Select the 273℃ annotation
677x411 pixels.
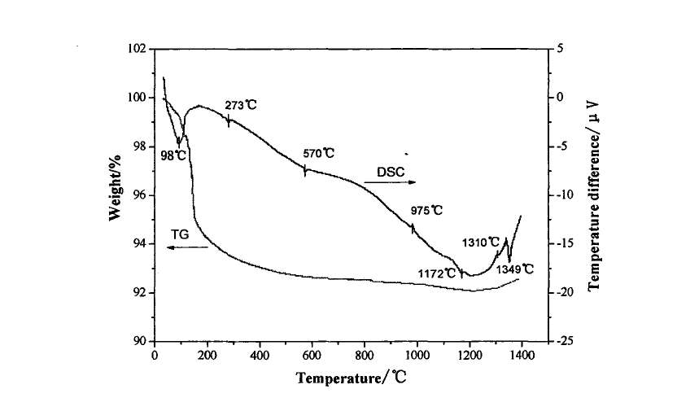click(240, 105)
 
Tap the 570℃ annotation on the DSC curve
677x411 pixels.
click(317, 153)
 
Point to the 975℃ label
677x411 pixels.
click(426, 211)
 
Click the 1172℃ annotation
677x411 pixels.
click(437, 274)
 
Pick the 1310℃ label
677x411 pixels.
click(480, 243)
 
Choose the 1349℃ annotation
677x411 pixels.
click(516, 269)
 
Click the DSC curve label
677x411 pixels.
click(390, 172)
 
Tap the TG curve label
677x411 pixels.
click(181, 235)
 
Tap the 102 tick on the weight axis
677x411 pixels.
click(136, 49)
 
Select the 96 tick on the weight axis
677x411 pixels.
click(140, 195)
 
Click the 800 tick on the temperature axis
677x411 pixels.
click(365, 356)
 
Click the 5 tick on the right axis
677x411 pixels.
click(559, 49)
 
